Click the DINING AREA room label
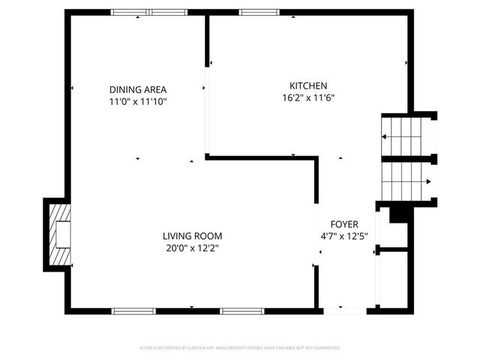(x=138, y=89)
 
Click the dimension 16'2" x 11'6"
(x=308, y=97)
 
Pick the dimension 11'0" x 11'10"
(x=138, y=101)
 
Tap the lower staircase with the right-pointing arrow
(x=406, y=181)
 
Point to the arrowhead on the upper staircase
(x=385, y=136)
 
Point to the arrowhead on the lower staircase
(x=428, y=181)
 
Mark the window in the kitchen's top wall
(x=259, y=12)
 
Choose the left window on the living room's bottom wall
(x=133, y=310)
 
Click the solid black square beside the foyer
(x=398, y=214)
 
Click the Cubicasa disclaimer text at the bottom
(x=240, y=348)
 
